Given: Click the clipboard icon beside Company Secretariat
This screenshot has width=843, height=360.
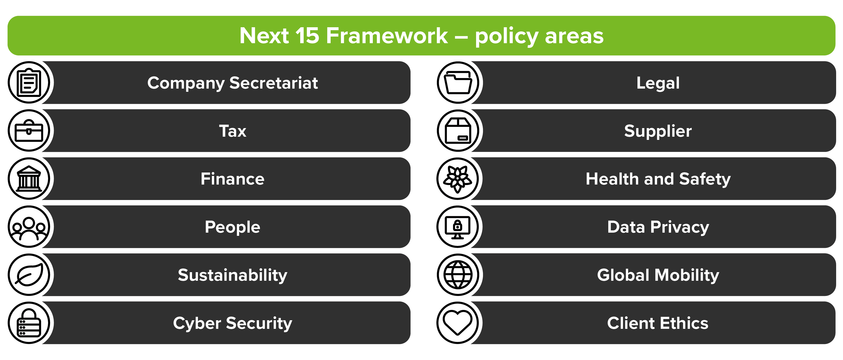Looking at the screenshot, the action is pos(29,82).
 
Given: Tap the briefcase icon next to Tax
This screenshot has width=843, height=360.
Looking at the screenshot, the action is pos(29,131).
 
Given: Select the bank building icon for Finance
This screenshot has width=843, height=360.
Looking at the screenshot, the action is pos(29,179).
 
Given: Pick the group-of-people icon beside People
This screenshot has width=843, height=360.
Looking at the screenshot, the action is pos(29,227).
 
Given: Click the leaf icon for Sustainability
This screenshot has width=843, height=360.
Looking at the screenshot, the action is pos(29,275).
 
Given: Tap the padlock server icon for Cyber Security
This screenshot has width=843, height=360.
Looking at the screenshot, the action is pos(29,323).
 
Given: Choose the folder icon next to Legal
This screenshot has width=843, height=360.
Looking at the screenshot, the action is pos(458,82).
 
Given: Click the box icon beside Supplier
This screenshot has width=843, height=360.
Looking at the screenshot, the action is pos(458,131).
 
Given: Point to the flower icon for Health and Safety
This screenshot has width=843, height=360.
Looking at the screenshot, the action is pos(458,179).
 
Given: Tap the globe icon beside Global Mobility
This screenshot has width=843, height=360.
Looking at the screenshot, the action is pos(458,275).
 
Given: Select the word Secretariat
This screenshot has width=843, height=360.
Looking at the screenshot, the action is pos(273,83).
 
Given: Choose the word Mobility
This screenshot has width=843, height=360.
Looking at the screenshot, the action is pos(687,275).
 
